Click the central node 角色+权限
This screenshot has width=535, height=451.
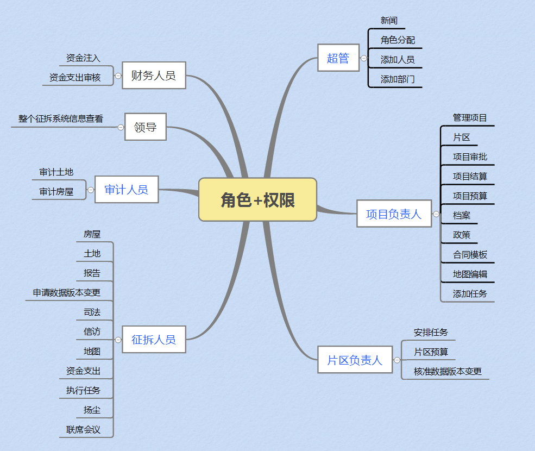click(257, 199)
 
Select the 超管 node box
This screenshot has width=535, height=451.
click(338, 58)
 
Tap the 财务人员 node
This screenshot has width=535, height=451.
click(154, 75)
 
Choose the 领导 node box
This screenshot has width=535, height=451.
click(145, 127)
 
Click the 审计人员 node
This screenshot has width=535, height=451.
click(126, 189)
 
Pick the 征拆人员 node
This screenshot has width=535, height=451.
click(154, 339)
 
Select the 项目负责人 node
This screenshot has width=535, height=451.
click(394, 214)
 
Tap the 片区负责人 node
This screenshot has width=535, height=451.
click(355, 360)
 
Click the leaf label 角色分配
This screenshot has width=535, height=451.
click(398, 40)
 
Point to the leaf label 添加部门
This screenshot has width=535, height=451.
click(398, 79)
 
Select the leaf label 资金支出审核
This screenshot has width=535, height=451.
click(75, 77)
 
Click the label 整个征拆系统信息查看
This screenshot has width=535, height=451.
click(60, 118)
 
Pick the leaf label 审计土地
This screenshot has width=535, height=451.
click(56, 172)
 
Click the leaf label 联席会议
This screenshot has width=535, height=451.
click(83, 429)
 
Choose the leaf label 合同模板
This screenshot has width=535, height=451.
click(470, 254)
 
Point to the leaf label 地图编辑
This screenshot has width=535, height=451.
click(470, 274)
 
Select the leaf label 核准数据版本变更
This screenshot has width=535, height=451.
click(448, 371)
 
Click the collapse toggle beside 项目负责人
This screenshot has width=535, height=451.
click(436, 214)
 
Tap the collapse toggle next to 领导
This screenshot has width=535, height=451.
click(121, 127)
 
